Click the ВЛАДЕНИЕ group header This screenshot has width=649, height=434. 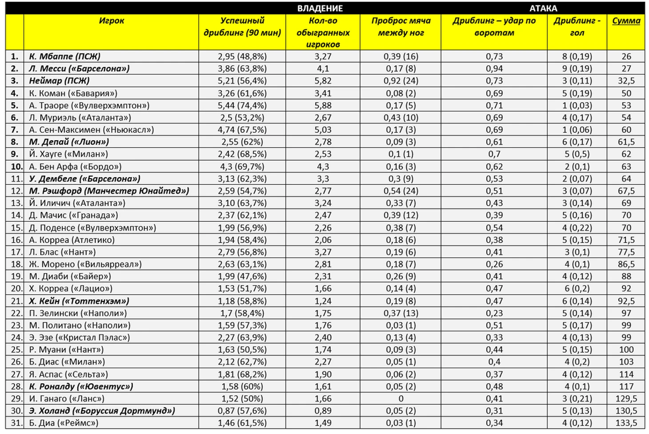tap(320, 8)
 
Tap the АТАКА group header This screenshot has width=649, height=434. tap(543, 8)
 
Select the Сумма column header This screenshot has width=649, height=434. tap(626, 20)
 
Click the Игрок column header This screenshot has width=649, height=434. tap(111, 20)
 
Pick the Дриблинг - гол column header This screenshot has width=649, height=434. tap(577, 27)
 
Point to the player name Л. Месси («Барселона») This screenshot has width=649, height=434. tap(79, 68)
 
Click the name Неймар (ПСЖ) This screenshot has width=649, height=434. tap(59, 80)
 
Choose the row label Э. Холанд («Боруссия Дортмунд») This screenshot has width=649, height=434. tap(102, 410)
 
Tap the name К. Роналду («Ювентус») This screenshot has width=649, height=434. tap(81, 386)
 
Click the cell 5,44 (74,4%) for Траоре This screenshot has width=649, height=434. tap(242, 105)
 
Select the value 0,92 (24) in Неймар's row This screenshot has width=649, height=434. tap(401, 81)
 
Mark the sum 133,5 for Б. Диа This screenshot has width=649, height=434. tap(626, 423)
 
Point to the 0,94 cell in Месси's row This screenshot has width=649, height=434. tap(494, 68)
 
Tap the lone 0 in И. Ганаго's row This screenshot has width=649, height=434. tap(401, 398)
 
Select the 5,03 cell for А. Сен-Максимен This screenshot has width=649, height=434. tap(323, 130)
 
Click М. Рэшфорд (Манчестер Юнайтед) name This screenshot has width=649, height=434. tap(109, 191)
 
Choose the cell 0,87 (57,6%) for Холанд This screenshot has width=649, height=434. tap(242, 410)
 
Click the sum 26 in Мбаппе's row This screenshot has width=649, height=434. tap(626, 56)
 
